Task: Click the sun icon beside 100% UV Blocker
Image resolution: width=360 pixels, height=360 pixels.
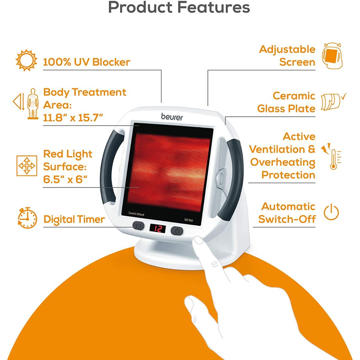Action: [26, 60]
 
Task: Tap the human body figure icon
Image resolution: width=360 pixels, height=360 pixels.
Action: [33, 104]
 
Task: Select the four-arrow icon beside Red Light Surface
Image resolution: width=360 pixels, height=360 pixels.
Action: [27, 166]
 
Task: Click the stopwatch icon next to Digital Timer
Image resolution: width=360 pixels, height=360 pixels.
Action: [27, 218]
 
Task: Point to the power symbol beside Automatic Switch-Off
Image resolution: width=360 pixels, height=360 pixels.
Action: [331, 212]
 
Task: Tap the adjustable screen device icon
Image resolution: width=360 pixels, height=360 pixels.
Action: [332, 56]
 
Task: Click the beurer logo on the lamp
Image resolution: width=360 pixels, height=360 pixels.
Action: [172, 117]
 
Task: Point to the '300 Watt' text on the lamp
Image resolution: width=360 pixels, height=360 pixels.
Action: [188, 220]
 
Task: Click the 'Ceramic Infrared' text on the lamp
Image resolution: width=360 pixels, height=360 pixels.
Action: [136, 214]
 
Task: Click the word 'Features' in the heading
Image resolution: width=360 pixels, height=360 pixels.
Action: [213, 7]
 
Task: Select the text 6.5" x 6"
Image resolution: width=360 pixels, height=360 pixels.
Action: [65, 179]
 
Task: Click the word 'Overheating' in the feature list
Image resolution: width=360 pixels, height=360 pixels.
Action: [283, 163]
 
